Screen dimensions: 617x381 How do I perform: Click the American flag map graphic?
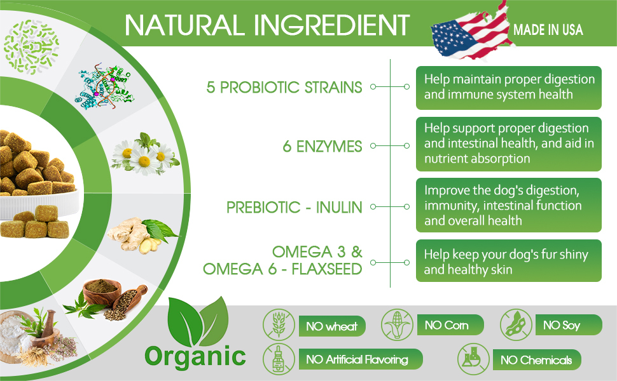click(471, 31)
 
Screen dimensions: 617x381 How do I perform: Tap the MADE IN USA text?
click(548, 30)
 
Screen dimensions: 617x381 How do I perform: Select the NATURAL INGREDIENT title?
click(267, 25)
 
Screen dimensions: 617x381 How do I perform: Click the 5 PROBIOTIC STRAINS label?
click(284, 87)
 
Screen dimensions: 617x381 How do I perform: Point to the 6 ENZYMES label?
click(322, 147)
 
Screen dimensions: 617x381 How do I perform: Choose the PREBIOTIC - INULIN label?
click(295, 208)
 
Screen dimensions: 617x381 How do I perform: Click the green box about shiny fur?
click(509, 261)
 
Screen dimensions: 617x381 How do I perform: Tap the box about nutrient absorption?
click(509, 144)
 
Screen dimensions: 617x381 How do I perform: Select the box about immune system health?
click(509, 88)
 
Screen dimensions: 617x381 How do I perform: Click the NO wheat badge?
click(332, 326)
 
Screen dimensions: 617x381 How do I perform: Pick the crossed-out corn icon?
click(397, 325)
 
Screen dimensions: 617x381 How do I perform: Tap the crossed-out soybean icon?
click(516, 325)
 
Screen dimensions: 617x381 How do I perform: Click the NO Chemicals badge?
click(537, 360)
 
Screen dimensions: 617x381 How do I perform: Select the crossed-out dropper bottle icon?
click(279, 359)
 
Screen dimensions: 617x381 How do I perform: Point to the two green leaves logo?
click(198, 321)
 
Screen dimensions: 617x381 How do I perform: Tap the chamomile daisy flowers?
click(145, 154)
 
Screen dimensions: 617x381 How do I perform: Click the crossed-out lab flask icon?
click(473, 359)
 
